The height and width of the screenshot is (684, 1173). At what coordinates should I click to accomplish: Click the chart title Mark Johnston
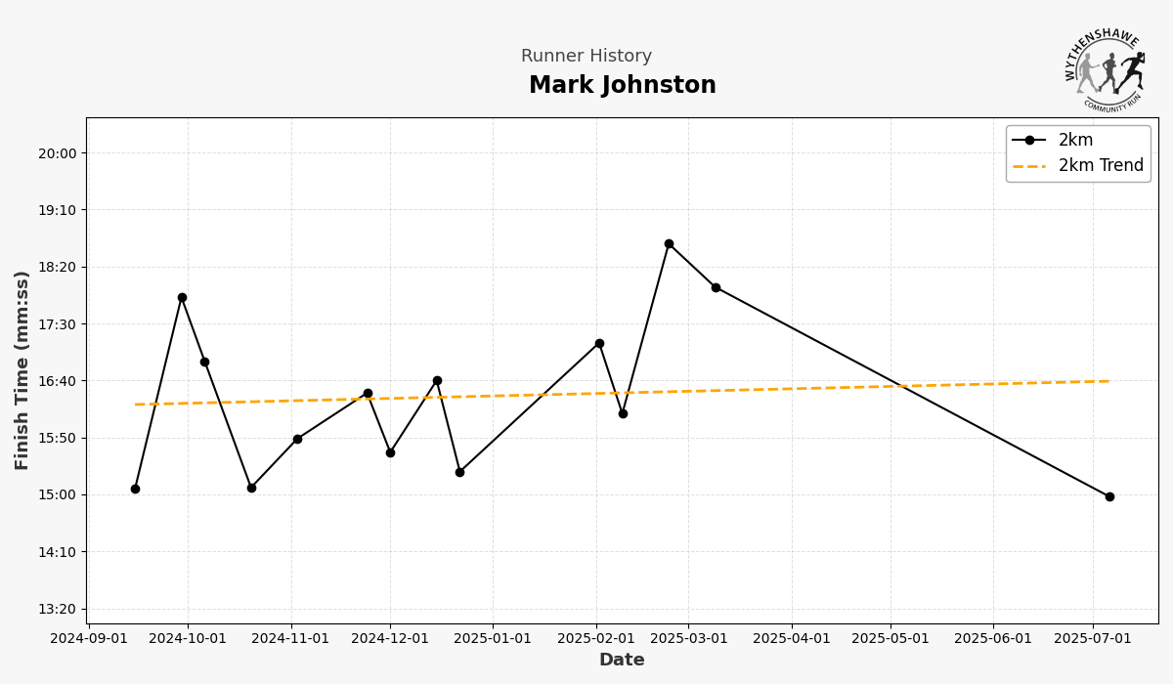pos(623,86)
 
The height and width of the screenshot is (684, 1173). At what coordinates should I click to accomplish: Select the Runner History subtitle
pos(586,57)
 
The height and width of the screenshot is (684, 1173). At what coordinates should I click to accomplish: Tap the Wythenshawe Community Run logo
pos(1105,68)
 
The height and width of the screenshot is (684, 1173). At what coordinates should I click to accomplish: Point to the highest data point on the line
pos(669,243)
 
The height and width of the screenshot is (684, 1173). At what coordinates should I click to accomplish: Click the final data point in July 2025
pos(1109,496)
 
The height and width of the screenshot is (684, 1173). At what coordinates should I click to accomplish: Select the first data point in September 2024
pos(135,489)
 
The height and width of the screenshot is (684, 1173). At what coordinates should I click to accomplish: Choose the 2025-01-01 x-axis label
pos(492,639)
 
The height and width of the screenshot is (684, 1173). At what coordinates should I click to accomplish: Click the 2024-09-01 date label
pos(89,639)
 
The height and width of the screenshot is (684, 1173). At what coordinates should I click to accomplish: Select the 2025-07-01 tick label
pos(1092,639)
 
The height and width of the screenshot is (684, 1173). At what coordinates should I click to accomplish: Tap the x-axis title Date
pos(622,661)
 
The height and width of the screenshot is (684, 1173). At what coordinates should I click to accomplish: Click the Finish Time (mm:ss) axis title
pos(22,370)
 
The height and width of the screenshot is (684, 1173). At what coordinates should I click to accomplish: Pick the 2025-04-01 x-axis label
pos(791,639)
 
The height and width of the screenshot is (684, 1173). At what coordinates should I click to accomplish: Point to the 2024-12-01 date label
pos(390,639)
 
